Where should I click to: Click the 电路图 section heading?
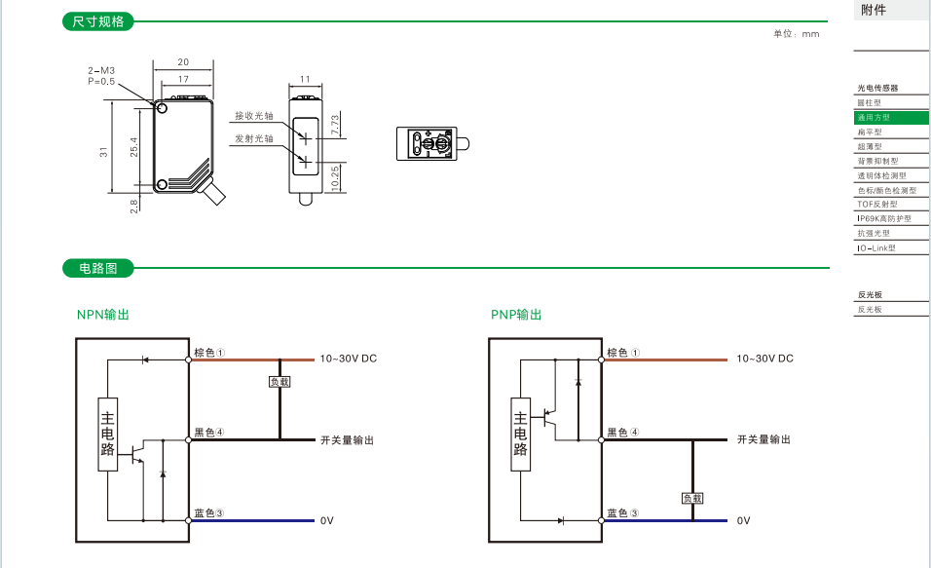point(97,268)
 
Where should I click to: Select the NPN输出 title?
point(103,315)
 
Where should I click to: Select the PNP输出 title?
point(516,315)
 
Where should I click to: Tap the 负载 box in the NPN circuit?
point(279,382)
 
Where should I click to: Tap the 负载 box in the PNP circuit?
point(692,498)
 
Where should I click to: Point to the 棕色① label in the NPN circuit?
point(209,353)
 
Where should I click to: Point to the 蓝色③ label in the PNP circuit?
point(622,513)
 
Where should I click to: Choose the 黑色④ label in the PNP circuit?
point(622,433)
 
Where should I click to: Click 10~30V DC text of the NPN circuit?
point(348,359)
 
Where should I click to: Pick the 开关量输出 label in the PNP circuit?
point(763,439)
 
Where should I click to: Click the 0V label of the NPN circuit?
point(327,520)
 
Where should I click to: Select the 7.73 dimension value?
point(335,124)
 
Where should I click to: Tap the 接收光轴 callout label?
point(254,116)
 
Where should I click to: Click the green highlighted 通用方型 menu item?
point(874,117)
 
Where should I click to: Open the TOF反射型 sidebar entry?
point(876,205)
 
